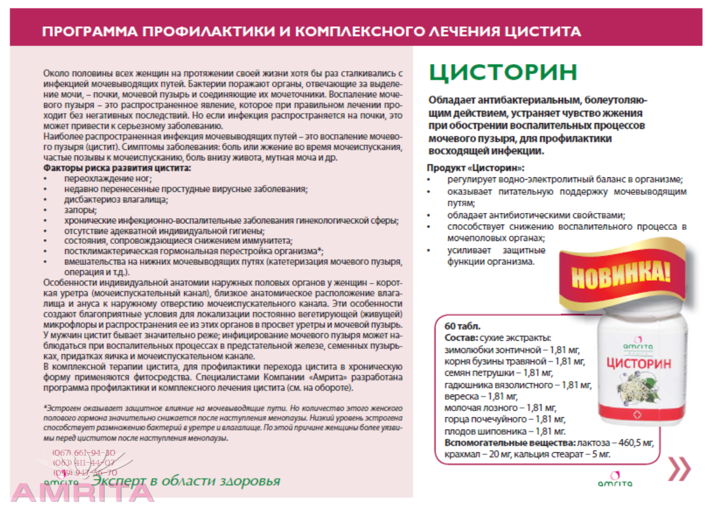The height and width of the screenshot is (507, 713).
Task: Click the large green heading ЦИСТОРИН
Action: coord(503,72)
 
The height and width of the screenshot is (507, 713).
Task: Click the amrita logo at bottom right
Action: coord(615,480)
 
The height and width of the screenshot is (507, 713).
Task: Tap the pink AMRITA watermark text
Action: coord(82,493)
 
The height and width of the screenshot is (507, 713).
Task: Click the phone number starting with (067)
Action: coord(84,453)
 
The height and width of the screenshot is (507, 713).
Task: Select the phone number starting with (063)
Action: coord(84,463)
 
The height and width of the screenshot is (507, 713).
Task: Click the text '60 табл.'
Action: coord(462,326)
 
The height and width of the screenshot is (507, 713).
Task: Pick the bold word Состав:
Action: coord(461,338)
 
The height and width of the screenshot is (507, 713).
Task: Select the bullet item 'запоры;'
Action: coord(80,209)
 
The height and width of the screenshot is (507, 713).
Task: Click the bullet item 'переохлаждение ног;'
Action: coord(108,179)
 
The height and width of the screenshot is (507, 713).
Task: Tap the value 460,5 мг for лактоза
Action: coord(633,443)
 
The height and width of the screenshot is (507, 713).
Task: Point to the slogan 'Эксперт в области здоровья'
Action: coord(187,482)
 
